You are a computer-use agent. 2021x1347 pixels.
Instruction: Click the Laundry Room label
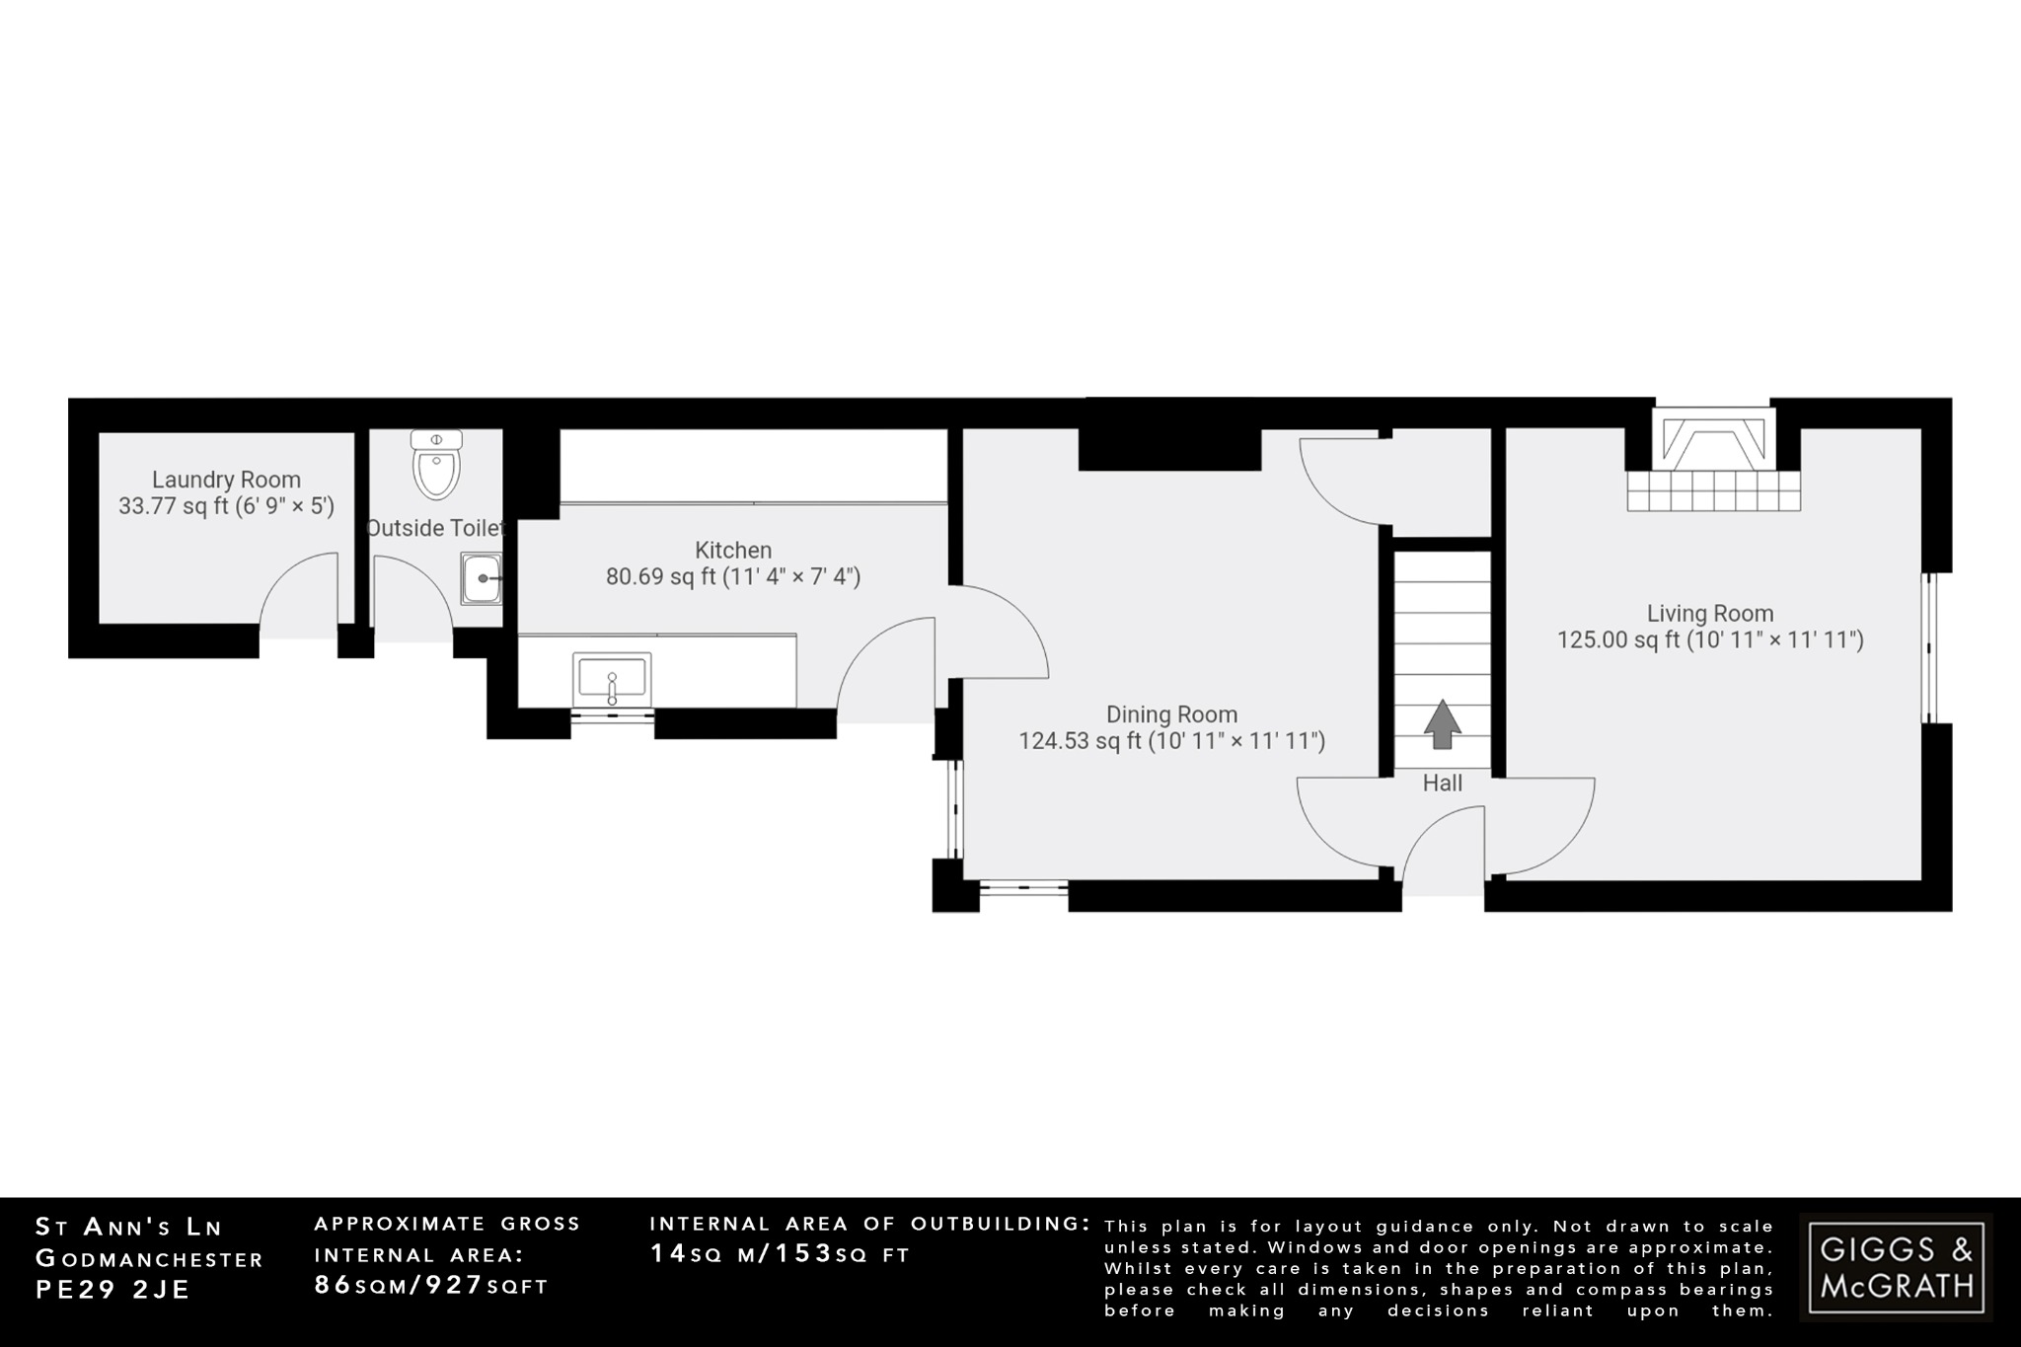(226, 480)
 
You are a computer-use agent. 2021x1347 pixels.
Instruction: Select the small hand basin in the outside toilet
(482, 577)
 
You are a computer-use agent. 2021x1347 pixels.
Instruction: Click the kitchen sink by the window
(612, 678)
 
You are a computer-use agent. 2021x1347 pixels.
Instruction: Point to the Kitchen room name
(733, 550)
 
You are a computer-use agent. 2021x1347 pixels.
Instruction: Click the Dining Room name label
(1171, 714)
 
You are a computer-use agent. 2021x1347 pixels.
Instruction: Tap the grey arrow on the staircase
(1443, 723)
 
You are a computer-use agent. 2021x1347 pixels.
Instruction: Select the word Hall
(1443, 784)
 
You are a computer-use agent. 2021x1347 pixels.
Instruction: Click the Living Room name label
(1710, 613)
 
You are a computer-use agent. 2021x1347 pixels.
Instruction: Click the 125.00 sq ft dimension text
(1710, 640)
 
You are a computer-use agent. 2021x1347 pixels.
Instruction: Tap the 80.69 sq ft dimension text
(733, 576)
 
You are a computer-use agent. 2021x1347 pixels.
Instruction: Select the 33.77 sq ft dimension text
(226, 506)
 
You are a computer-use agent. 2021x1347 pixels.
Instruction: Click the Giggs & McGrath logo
(1896, 1267)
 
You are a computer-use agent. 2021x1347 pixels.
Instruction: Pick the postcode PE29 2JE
(112, 1290)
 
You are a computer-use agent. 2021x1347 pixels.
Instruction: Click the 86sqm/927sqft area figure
(430, 1285)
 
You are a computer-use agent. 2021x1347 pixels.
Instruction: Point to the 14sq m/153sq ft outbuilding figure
(780, 1254)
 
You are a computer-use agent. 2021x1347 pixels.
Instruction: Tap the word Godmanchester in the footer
(149, 1259)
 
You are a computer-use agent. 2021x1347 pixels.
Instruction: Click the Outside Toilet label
(435, 528)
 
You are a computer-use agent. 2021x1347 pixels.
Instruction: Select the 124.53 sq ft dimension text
(1171, 741)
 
